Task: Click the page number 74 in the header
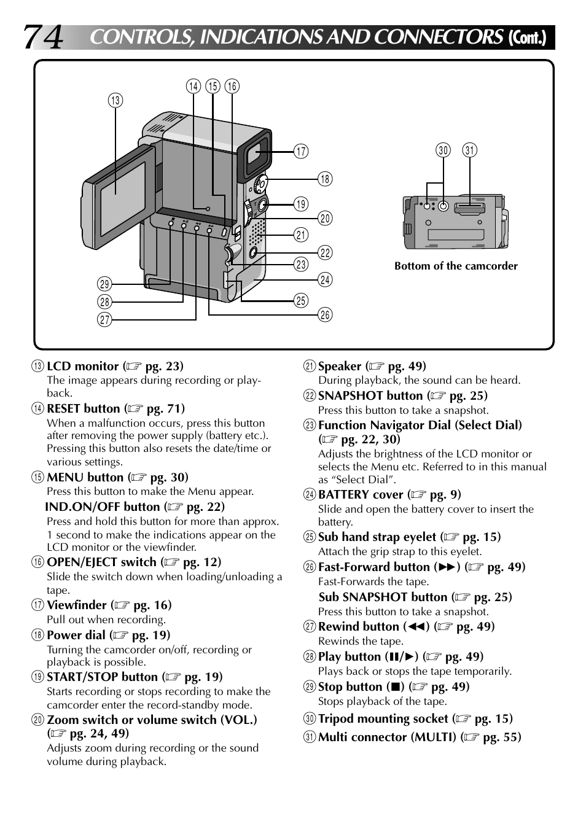point(43,37)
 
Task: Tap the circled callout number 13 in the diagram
point(115,101)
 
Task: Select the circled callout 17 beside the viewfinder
point(300,151)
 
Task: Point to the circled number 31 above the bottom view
point(470,150)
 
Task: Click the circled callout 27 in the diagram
point(104,319)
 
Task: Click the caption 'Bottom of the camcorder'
point(456,266)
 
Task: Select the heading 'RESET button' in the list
point(84,409)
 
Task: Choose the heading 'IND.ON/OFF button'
point(102,507)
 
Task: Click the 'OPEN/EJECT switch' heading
point(101,562)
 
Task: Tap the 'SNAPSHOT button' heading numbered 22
point(370,396)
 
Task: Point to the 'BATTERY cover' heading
point(361,495)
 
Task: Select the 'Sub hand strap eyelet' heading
point(377,537)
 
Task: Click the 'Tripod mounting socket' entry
point(383,719)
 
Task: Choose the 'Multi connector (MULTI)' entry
point(387,737)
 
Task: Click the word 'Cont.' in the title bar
point(527,38)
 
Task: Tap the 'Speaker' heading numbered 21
point(339,367)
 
